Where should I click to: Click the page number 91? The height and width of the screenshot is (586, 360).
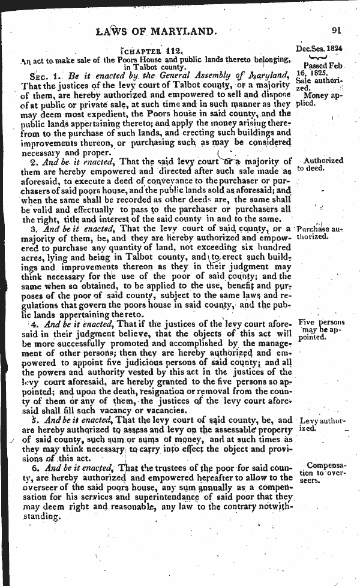pyautogui.click(x=335, y=31)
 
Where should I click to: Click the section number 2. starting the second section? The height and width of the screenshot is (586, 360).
pyautogui.click(x=34, y=161)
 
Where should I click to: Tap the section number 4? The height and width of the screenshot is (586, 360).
pyautogui.click(x=34, y=324)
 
